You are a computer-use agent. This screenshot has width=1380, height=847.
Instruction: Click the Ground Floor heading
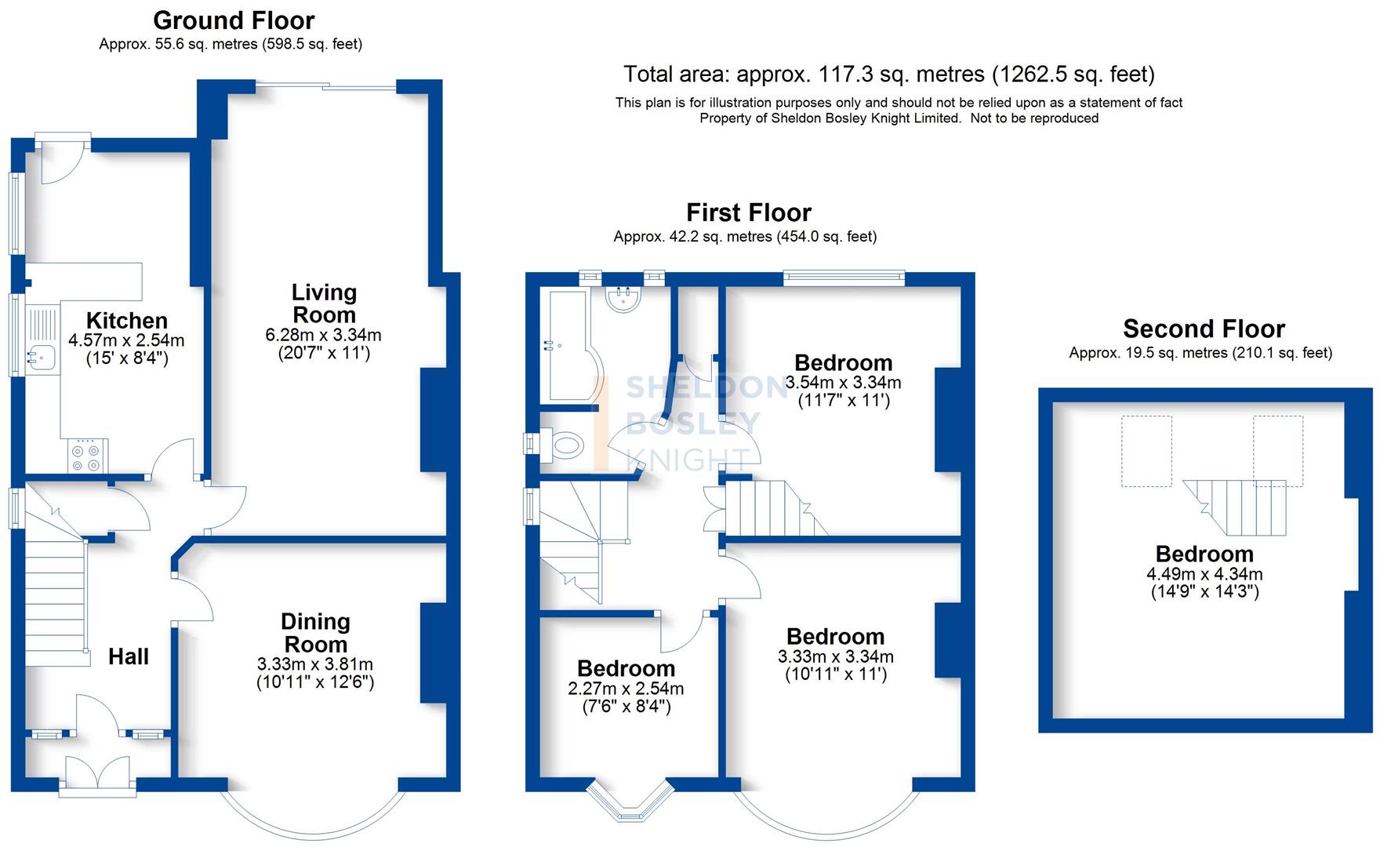[x=234, y=20]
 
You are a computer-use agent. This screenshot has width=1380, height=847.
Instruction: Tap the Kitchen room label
[x=127, y=320]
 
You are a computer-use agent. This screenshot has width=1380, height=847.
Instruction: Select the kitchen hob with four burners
[x=85, y=458]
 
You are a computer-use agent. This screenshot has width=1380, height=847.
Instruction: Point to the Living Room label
[x=324, y=304]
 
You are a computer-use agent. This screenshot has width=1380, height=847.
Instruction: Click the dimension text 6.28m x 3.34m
[x=324, y=336]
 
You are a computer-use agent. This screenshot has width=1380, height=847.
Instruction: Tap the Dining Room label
[x=315, y=633]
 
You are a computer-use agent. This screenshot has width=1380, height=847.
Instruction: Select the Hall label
[x=129, y=656]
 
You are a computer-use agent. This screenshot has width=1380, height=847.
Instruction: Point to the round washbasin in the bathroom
[x=625, y=298]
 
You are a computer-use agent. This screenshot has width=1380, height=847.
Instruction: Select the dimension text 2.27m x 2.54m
[x=626, y=689]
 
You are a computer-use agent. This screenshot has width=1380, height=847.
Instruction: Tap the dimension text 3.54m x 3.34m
[x=843, y=383]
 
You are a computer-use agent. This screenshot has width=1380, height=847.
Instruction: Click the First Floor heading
[x=748, y=213]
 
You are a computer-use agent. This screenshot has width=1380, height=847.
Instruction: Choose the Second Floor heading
[x=1204, y=329]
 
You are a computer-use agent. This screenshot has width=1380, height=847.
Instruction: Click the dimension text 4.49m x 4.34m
[x=1204, y=574]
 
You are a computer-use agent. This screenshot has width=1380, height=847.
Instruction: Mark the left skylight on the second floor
[x=1146, y=451]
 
